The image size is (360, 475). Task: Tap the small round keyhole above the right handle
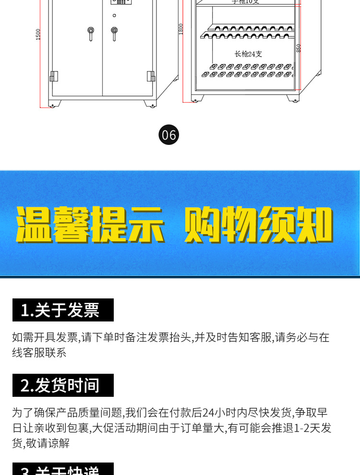(114, 16)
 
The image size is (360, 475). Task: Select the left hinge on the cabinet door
(54, 76)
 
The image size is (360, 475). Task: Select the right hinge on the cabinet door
(151, 76)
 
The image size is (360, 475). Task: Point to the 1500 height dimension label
(38, 34)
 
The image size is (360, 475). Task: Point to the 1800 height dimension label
(181, 29)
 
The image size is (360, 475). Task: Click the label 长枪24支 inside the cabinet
(248, 54)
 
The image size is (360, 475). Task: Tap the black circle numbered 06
(168, 135)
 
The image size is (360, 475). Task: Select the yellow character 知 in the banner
(314, 225)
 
